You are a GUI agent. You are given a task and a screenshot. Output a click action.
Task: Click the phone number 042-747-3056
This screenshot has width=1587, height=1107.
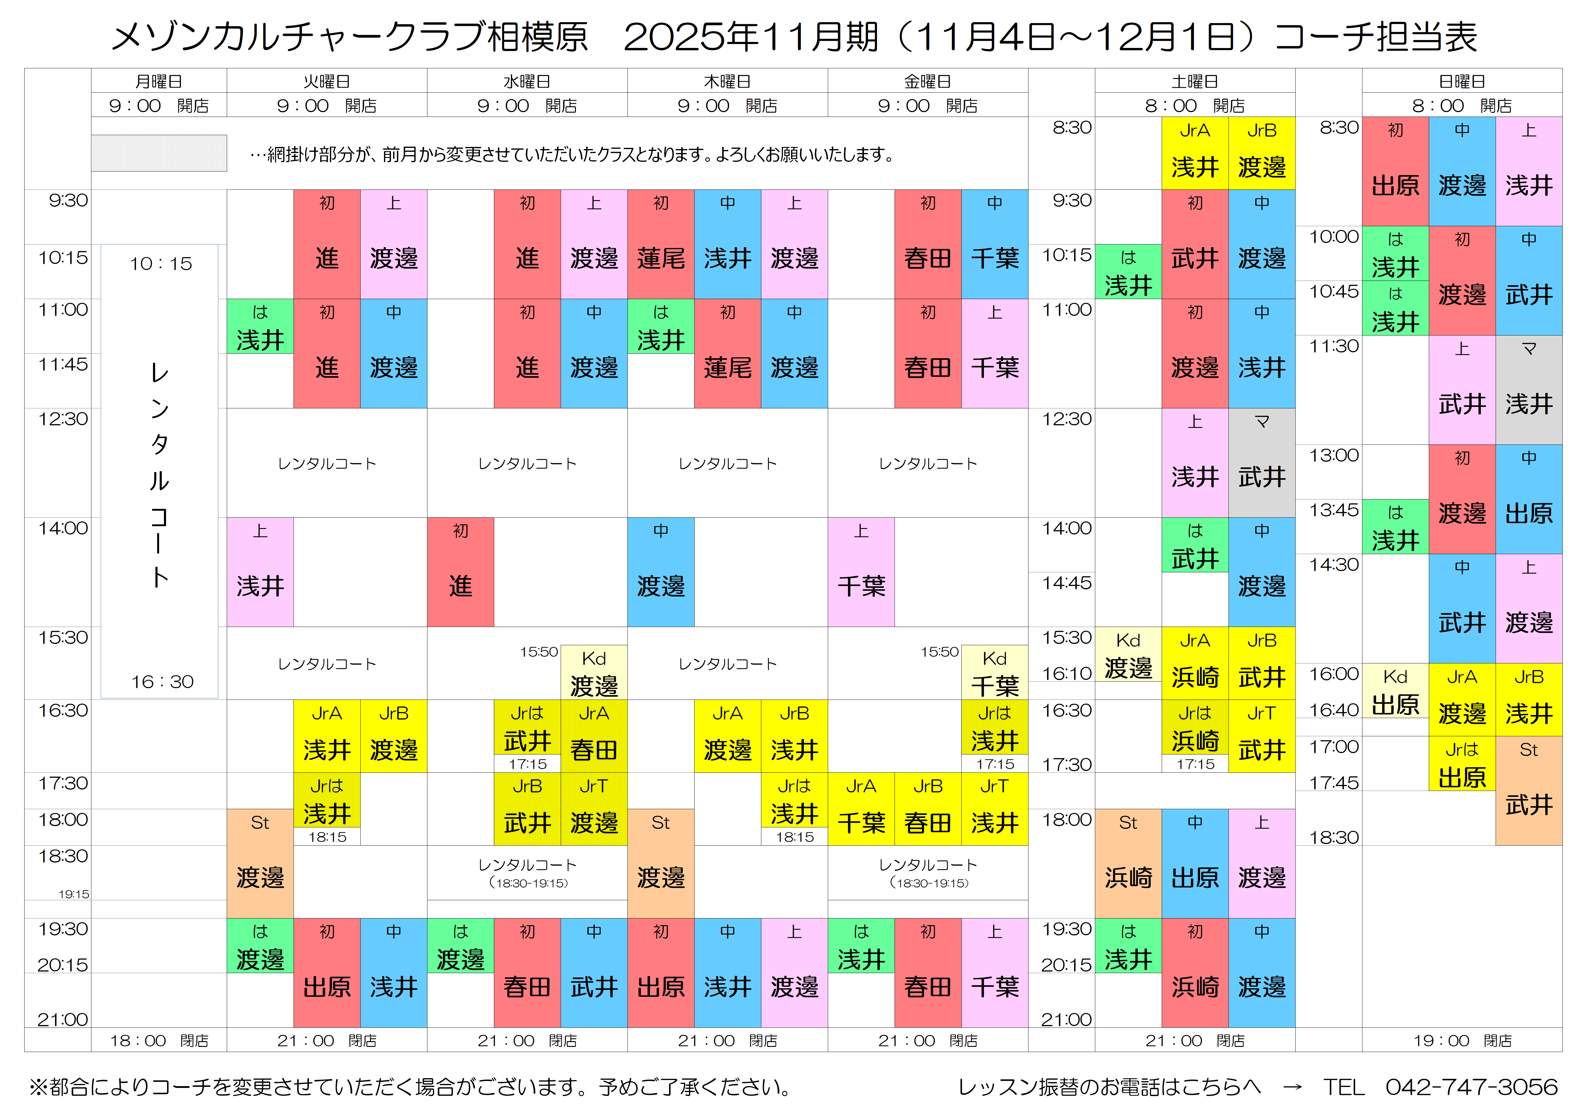[x=1471, y=1087]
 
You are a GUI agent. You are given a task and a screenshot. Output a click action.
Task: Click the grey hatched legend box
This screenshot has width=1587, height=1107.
[x=159, y=153]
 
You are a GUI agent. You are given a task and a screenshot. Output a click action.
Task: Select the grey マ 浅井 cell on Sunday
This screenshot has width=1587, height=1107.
[x=1528, y=390]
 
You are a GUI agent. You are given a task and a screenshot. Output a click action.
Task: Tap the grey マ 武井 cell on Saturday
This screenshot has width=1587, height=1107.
[x=1262, y=463]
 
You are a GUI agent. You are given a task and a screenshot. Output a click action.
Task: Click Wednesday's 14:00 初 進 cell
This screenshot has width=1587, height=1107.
[x=460, y=572]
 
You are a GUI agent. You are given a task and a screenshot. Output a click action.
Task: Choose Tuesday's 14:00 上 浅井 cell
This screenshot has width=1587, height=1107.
[x=260, y=572]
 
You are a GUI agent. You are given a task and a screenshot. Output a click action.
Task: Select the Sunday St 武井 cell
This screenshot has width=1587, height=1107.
[x=1528, y=790]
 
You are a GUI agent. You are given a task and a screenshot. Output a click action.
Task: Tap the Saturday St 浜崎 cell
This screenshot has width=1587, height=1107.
[x=1128, y=863]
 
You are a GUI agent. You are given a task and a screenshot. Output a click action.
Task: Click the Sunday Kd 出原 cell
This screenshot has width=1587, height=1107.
[x=1395, y=691]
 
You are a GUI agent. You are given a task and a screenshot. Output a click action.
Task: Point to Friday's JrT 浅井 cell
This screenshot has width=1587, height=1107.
[x=994, y=808]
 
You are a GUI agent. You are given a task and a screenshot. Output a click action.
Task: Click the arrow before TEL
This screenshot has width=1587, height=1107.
[x=1292, y=1087]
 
